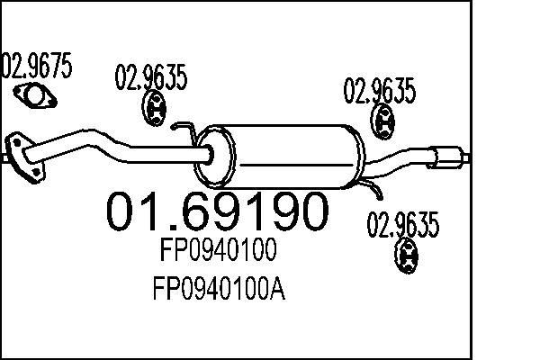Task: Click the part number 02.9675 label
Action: (x=37, y=65)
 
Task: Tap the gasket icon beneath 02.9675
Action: (x=35, y=95)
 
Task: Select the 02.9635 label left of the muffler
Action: (x=151, y=77)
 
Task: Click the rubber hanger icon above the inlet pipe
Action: (x=154, y=108)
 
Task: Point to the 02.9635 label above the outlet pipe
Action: (x=380, y=91)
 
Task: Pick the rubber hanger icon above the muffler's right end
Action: (x=382, y=121)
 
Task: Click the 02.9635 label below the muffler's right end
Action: (x=403, y=225)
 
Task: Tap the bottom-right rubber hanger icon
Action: (x=407, y=256)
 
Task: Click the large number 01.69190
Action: (x=217, y=211)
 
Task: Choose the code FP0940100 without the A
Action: (x=218, y=249)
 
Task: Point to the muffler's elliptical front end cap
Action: (x=214, y=157)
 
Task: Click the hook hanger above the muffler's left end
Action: (x=184, y=133)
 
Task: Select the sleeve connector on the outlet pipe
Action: (x=445, y=157)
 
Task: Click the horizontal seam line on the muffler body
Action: (x=297, y=166)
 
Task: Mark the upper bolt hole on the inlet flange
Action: (x=16, y=141)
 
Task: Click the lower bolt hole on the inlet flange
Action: (x=35, y=172)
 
